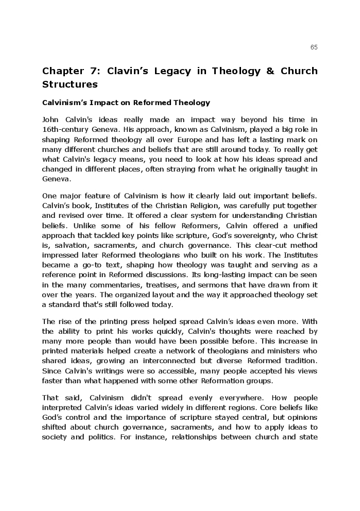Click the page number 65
(314, 47)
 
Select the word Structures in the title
(70, 84)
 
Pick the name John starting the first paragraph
(50, 120)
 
